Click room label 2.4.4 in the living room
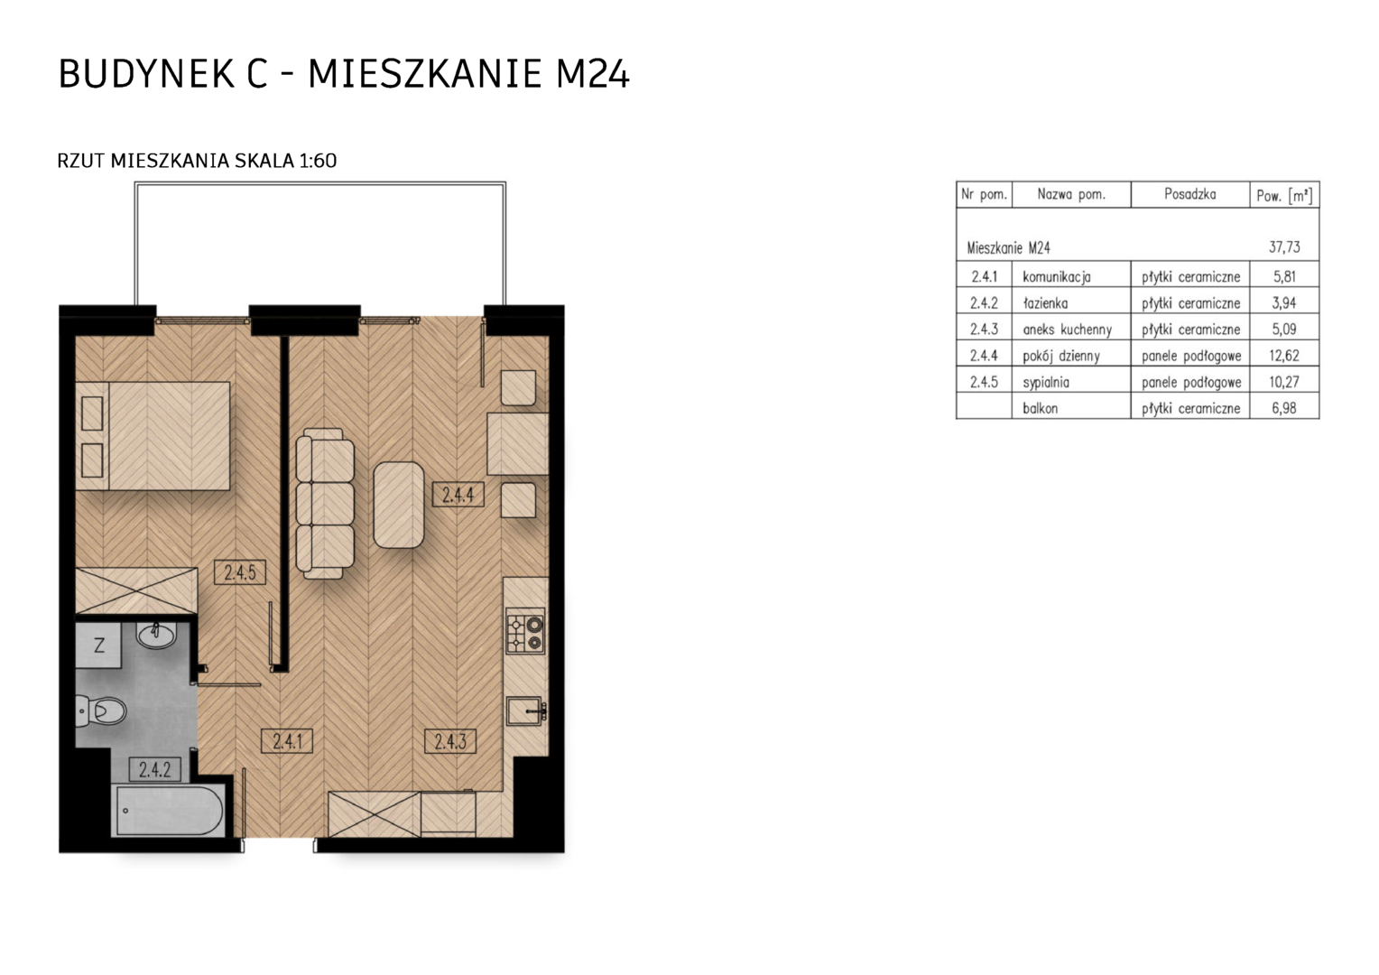(458, 494)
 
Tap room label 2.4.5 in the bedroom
(239, 572)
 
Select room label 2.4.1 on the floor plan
(287, 741)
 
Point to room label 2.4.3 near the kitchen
(450, 741)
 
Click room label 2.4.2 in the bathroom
(154, 769)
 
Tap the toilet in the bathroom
(101, 712)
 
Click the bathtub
(168, 812)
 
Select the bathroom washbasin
(156, 636)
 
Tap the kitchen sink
(526, 711)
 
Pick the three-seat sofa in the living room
(325, 504)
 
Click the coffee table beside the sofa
(398, 505)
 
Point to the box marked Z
(98, 645)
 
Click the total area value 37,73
(1284, 247)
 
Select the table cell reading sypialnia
(1046, 383)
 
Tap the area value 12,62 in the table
(1284, 356)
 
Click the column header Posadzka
(1190, 194)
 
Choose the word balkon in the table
(1041, 408)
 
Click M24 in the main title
(592, 74)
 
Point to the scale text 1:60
(318, 161)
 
